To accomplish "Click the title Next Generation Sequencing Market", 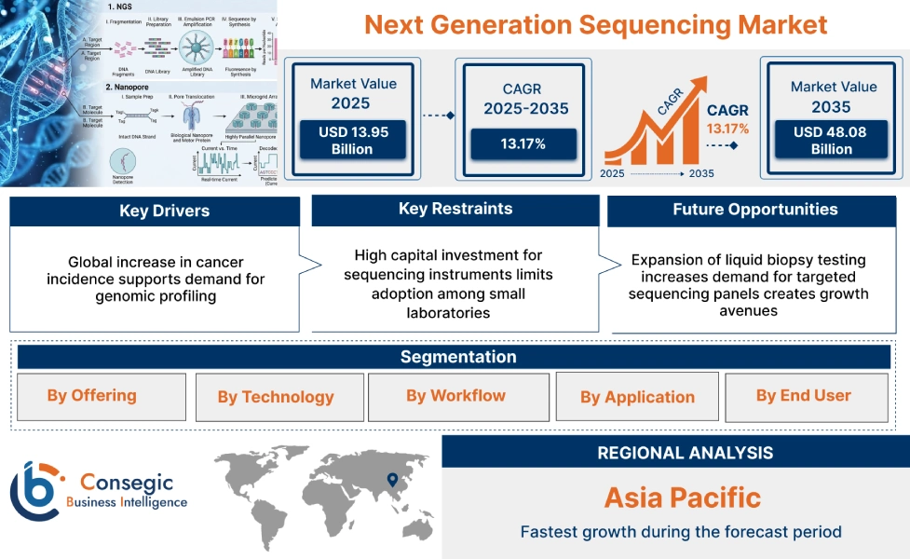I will point(595,24).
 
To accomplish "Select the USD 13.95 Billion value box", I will point(353,141).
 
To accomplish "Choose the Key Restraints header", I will point(455,210).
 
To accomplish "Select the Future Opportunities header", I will point(754,210).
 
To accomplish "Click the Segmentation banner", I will point(457,357).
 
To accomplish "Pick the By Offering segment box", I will point(92,396).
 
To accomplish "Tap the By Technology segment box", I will point(276,398).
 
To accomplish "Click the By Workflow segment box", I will point(455,396).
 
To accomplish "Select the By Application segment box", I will point(637,398).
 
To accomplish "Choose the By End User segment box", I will point(804,396).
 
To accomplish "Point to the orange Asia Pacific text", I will point(683,498).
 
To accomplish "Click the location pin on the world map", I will point(392,480).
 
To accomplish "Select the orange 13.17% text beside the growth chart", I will point(727,129).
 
